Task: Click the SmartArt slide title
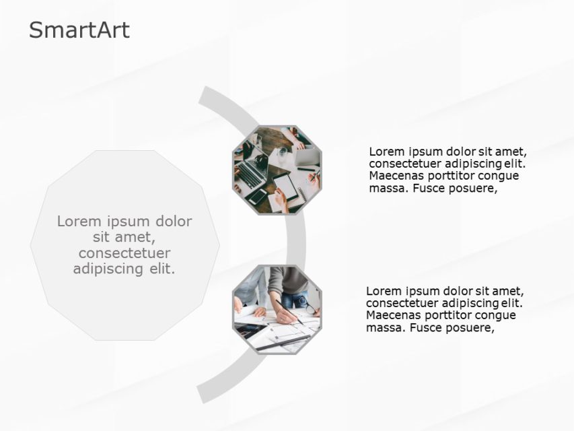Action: [x=79, y=30]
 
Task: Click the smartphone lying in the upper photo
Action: [x=258, y=196]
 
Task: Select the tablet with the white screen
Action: [x=285, y=187]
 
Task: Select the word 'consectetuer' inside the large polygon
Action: [x=124, y=253]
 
